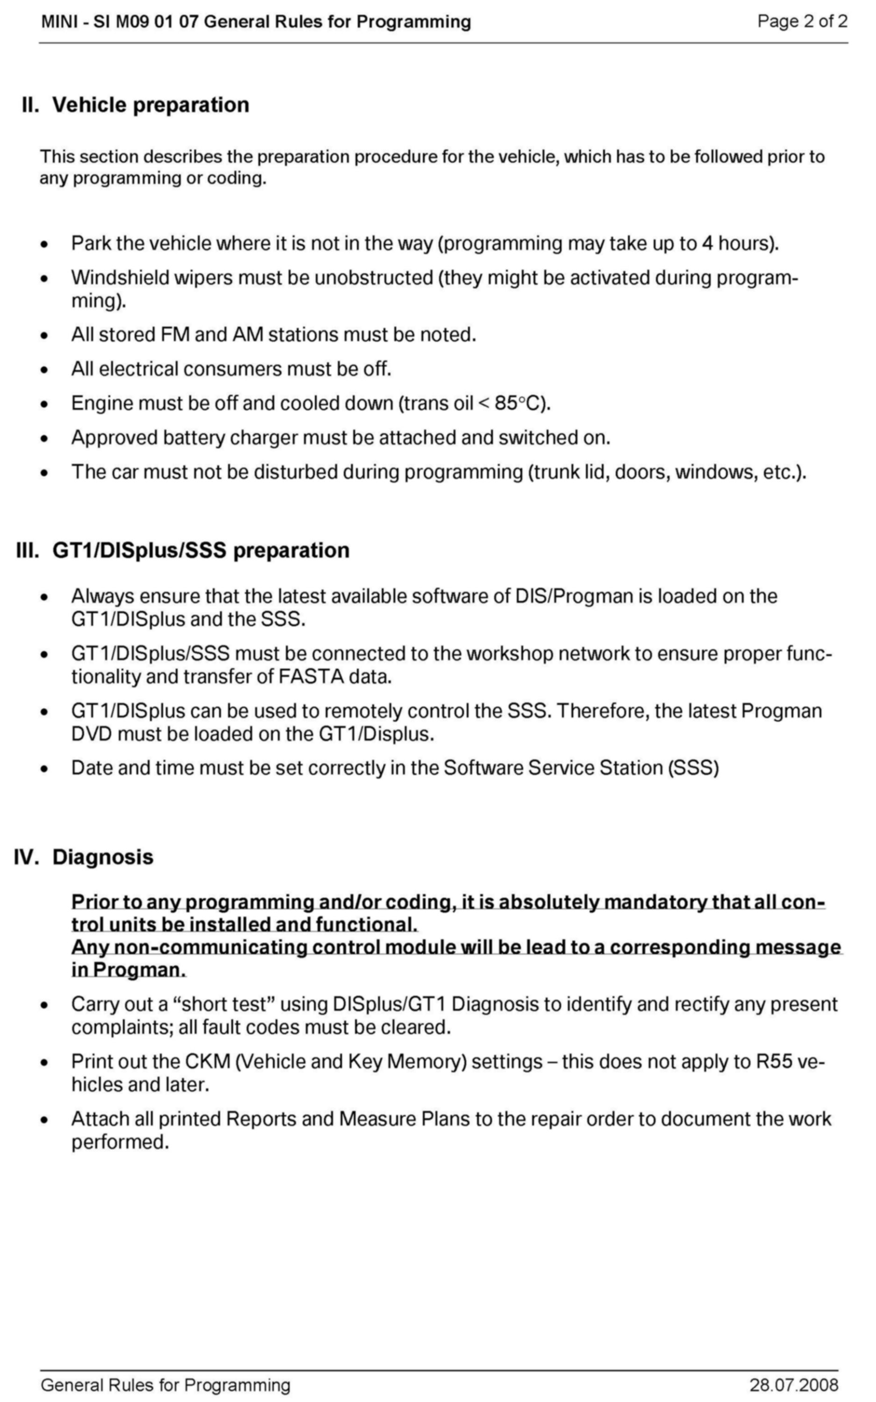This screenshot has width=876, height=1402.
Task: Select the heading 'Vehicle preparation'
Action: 150,105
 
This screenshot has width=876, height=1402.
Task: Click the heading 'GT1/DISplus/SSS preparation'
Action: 200,550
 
